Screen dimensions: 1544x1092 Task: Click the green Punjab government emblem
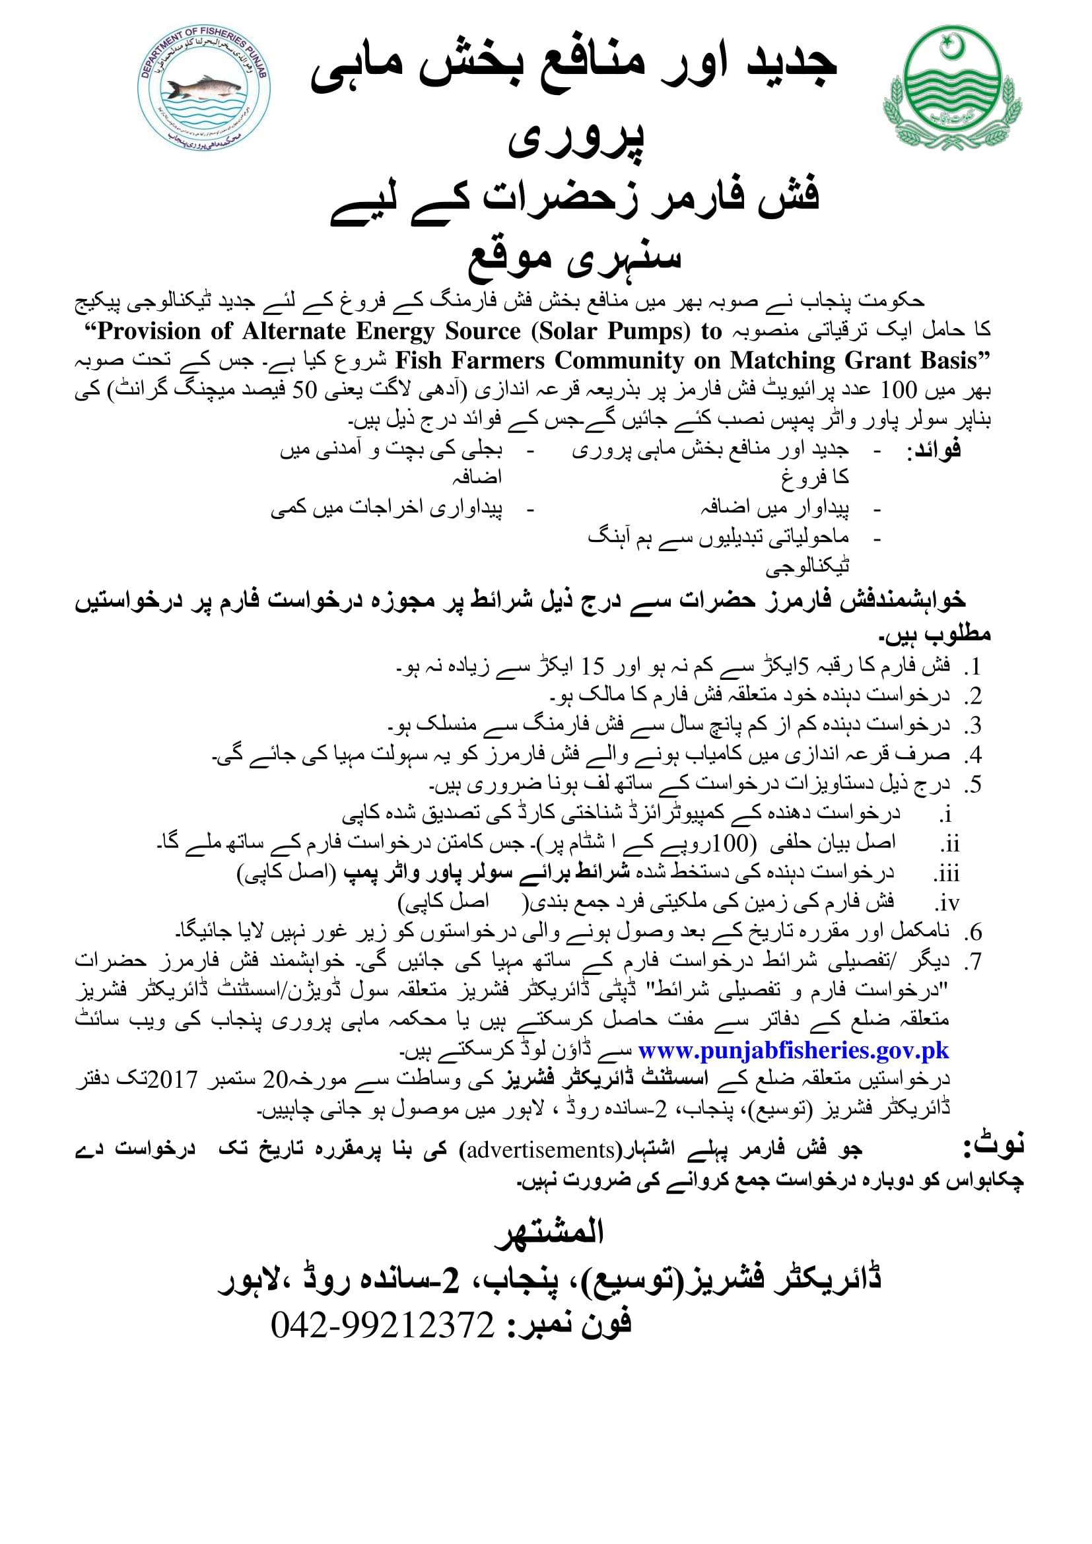[952, 87]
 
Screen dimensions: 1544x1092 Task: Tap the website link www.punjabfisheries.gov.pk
[793, 1051]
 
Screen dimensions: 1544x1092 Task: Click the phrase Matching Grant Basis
[852, 361]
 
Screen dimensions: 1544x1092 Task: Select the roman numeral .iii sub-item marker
[945, 874]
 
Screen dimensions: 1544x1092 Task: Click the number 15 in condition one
[593, 667]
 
